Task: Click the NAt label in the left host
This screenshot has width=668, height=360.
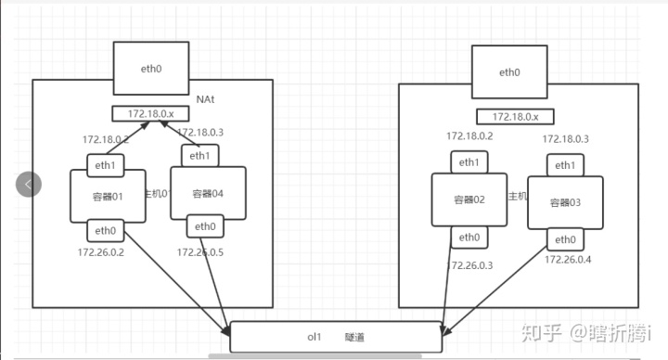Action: point(206,98)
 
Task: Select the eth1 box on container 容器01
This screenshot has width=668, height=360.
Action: point(103,165)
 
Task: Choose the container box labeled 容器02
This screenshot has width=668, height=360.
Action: point(469,199)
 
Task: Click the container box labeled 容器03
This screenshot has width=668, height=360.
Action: point(565,202)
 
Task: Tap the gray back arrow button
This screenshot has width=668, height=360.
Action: point(29,184)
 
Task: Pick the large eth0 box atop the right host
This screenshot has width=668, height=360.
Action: point(508,72)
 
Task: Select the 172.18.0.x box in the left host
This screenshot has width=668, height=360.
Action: point(150,114)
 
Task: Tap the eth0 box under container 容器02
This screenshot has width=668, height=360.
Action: point(469,238)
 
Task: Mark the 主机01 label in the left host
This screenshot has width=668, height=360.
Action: point(157,194)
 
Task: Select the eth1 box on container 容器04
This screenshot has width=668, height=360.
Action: point(199,156)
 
